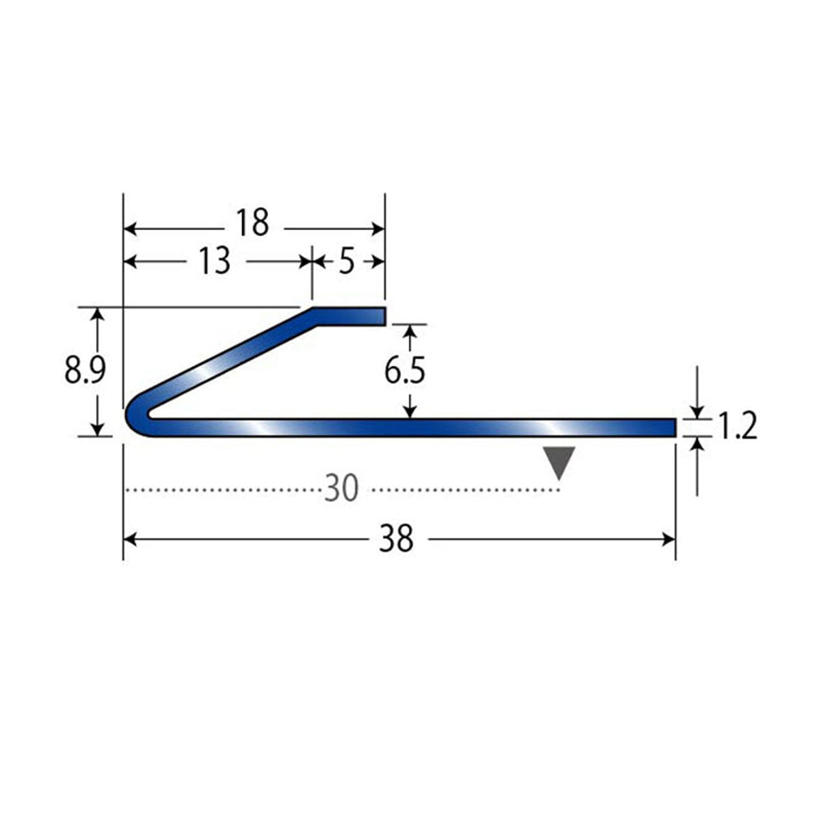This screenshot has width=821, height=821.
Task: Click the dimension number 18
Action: click(x=254, y=222)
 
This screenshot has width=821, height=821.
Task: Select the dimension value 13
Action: click(x=215, y=260)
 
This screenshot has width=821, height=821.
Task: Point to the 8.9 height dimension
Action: click(x=85, y=370)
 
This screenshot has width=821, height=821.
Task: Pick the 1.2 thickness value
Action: click(x=738, y=426)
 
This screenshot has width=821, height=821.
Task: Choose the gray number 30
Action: click(x=341, y=488)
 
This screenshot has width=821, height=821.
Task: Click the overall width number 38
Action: click(x=396, y=538)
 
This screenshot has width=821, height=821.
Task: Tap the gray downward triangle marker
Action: click(x=560, y=461)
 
